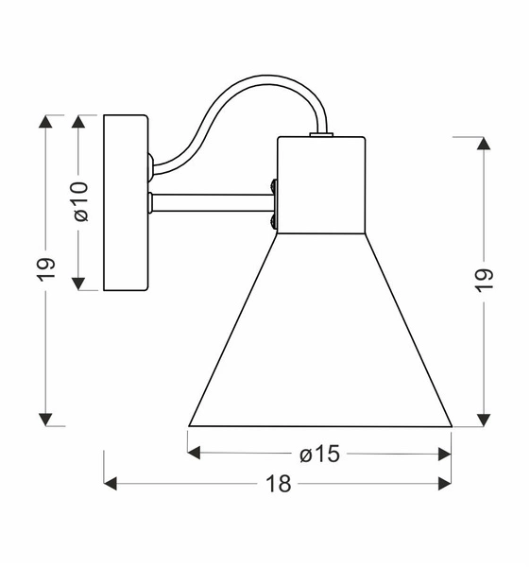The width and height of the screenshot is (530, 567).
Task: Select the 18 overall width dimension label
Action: pyautogui.click(x=278, y=484)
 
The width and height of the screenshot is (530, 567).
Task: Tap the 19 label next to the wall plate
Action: pyautogui.click(x=47, y=268)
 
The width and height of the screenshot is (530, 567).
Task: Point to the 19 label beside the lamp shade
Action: pyautogui.click(x=484, y=280)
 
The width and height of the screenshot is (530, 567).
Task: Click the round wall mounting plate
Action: pyautogui.click(x=126, y=202)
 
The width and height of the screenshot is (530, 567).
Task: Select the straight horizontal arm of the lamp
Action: pyautogui.click(x=212, y=202)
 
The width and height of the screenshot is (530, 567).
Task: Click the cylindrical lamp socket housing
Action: pyautogui.click(x=321, y=185)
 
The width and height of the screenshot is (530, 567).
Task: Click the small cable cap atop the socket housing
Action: pyautogui.click(x=321, y=135)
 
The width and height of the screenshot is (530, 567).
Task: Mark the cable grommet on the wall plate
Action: pyautogui.click(x=150, y=167)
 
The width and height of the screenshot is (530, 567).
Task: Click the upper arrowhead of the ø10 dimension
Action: pyautogui.click(x=79, y=122)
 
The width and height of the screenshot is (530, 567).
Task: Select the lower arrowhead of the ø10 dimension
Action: pyautogui.click(x=79, y=283)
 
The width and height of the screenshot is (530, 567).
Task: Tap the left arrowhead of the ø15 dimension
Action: pyautogui.click(x=196, y=454)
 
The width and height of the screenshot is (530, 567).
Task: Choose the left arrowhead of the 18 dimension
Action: pyautogui.click(x=111, y=484)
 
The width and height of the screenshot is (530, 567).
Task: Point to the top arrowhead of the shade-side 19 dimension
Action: pyautogui.click(x=484, y=144)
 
